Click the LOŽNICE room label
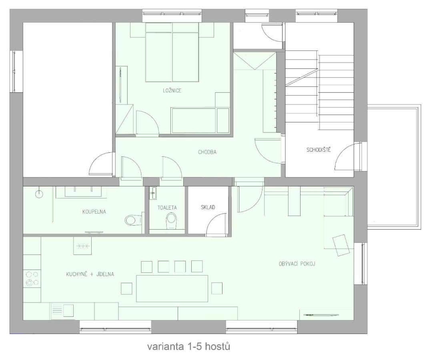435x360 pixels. pos(172,90)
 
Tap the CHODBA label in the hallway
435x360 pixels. pos(207,152)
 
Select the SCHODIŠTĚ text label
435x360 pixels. pos(319,150)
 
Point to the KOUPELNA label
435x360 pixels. pos(94,212)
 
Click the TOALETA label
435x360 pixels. pos(167,208)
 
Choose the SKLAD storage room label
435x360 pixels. pos(208,207)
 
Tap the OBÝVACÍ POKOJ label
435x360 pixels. pos(297,264)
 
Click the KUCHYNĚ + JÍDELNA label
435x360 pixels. pos(90,274)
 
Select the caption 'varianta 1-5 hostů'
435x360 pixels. pos(188,346)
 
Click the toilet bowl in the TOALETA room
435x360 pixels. pos(171,221)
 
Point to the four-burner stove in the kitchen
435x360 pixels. pos(32,278)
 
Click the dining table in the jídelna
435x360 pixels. pos(172,288)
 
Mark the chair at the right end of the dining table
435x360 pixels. pos(216,288)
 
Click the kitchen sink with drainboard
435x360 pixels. pos(62,311)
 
